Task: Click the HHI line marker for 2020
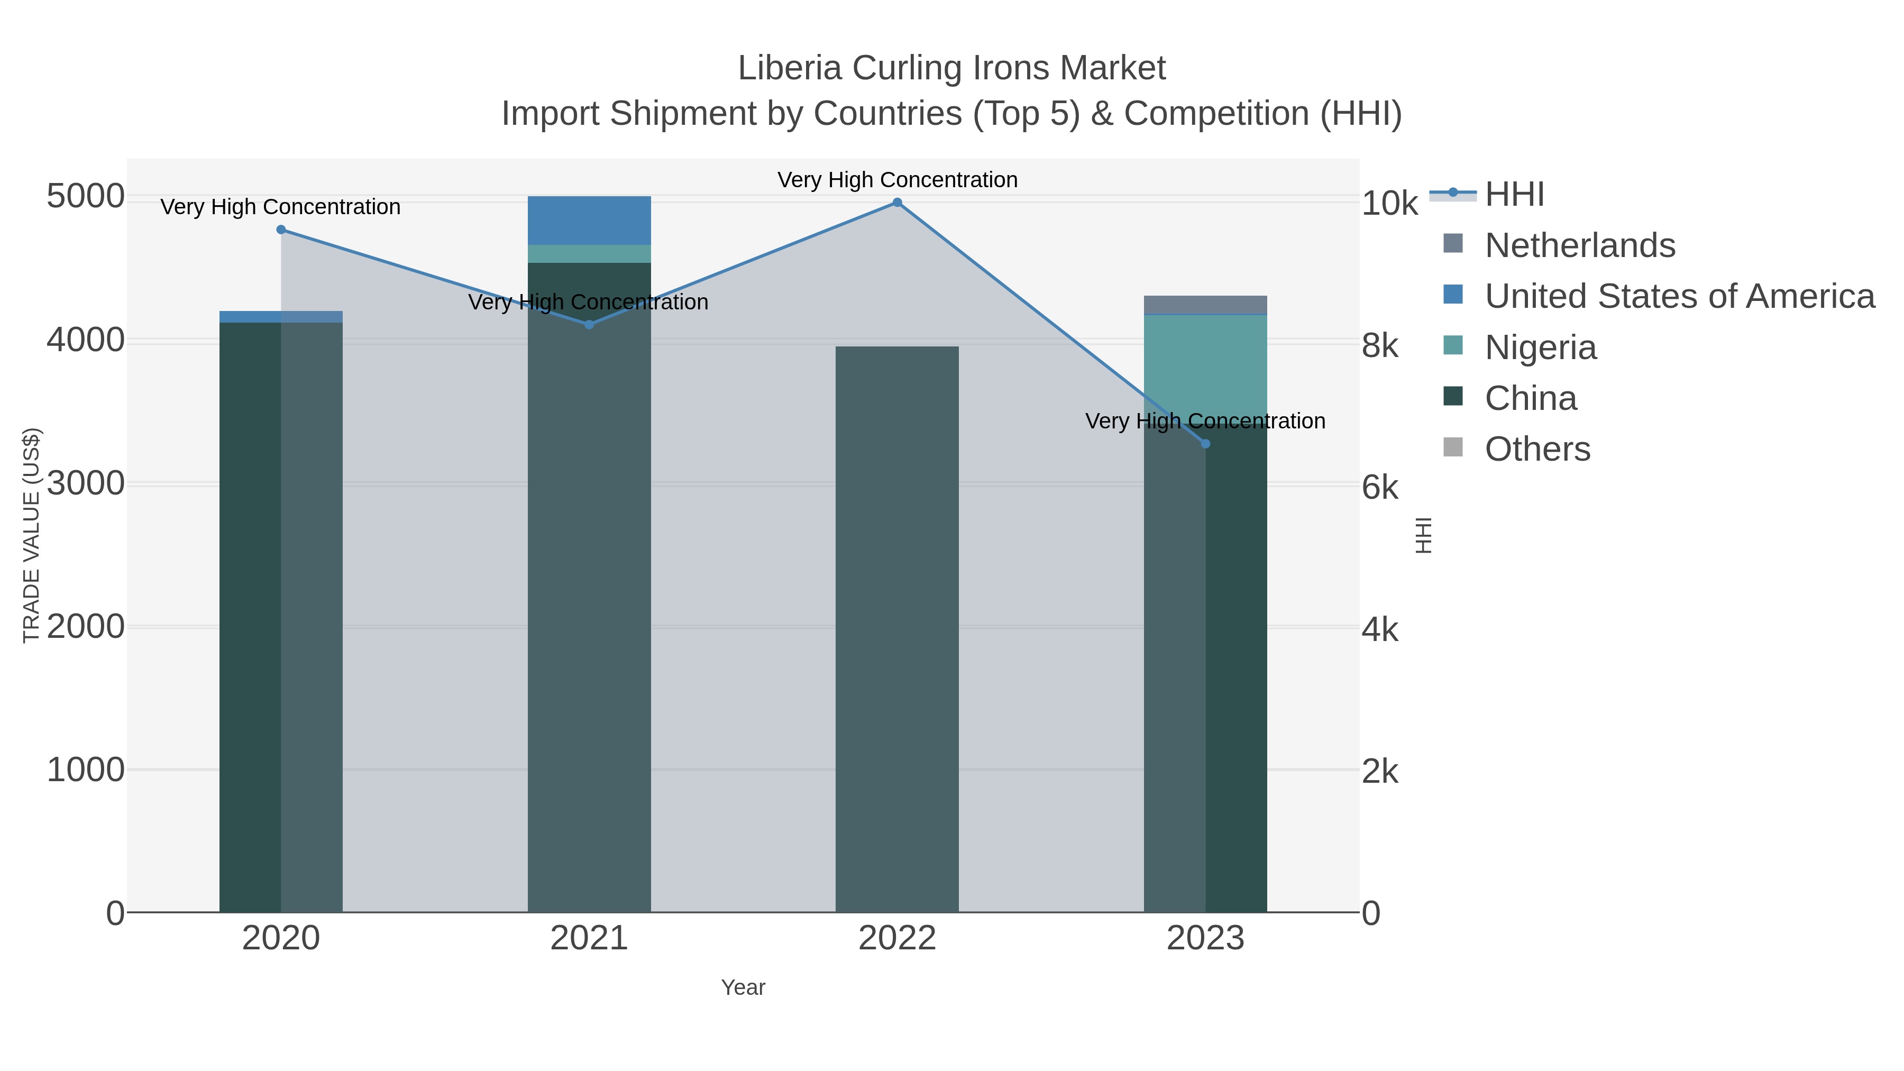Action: click(x=281, y=230)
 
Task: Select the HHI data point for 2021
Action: click(x=589, y=325)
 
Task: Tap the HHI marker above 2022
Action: click(x=898, y=203)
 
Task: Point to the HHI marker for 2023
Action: click(x=1205, y=444)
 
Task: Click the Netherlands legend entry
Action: click(x=1579, y=245)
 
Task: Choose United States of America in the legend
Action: click(x=1679, y=296)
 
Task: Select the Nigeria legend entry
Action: click(x=1540, y=347)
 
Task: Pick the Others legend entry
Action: click(x=1537, y=450)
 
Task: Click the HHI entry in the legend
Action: click(x=1515, y=195)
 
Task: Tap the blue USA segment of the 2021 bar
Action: click(x=589, y=220)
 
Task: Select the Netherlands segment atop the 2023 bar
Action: click(x=1205, y=305)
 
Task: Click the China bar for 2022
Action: click(x=898, y=628)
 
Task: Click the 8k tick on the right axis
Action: click(x=1380, y=346)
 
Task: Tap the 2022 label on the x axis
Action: click(x=898, y=939)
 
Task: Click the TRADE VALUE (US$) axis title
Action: click(x=32, y=535)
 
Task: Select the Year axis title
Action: click(x=743, y=987)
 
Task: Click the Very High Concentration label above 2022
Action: click(x=898, y=180)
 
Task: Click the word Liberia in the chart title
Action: click(x=790, y=69)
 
